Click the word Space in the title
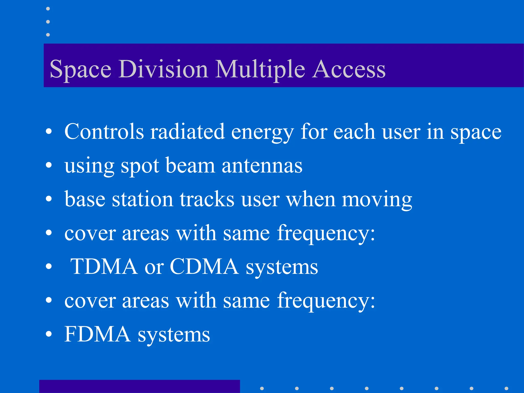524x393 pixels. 80,69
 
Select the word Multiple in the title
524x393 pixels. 260,69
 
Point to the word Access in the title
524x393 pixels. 349,69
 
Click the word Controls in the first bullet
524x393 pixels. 104,132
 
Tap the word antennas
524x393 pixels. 262,166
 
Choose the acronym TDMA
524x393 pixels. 104,267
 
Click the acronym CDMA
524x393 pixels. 204,267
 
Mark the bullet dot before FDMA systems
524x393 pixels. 49,334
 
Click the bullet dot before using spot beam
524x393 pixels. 49,166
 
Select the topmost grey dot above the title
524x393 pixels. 48,9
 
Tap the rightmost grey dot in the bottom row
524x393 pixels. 506,388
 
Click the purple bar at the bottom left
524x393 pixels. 139,386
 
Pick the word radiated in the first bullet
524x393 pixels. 187,132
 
